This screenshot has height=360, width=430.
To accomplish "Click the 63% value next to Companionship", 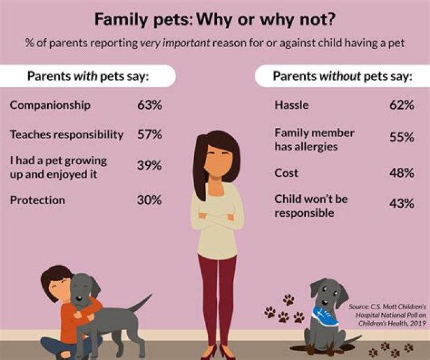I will pyautogui.click(x=149, y=105).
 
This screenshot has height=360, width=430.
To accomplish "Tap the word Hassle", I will pyautogui.click(x=291, y=105).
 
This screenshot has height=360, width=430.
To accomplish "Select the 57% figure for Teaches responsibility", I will pyautogui.click(x=149, y=134).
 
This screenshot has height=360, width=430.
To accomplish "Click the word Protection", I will pyautogui.click(x=38, y=200).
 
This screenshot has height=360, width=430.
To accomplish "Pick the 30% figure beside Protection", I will pyautogui.click(x=149, y=200).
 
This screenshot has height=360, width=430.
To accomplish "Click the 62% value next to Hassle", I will pyautogui.click(x=401, y=105).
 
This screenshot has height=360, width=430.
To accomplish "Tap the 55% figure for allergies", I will pyautogui.click(x=401, y=137).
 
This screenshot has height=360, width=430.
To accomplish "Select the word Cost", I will pyautogui.click(x=286, y=173).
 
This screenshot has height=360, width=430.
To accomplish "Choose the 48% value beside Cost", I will pyautogui.click(x=401, y=173).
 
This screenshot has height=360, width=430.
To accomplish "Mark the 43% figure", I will pyautogui.click(x=401, y=204).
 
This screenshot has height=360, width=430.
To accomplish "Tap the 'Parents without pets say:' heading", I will pyautogui.click(x=342, y=76).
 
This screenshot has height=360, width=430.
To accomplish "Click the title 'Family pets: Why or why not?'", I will pyautogui.click(x=214, y=20).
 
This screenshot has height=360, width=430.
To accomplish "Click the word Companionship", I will pyautogui.click(x=50, y=105).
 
